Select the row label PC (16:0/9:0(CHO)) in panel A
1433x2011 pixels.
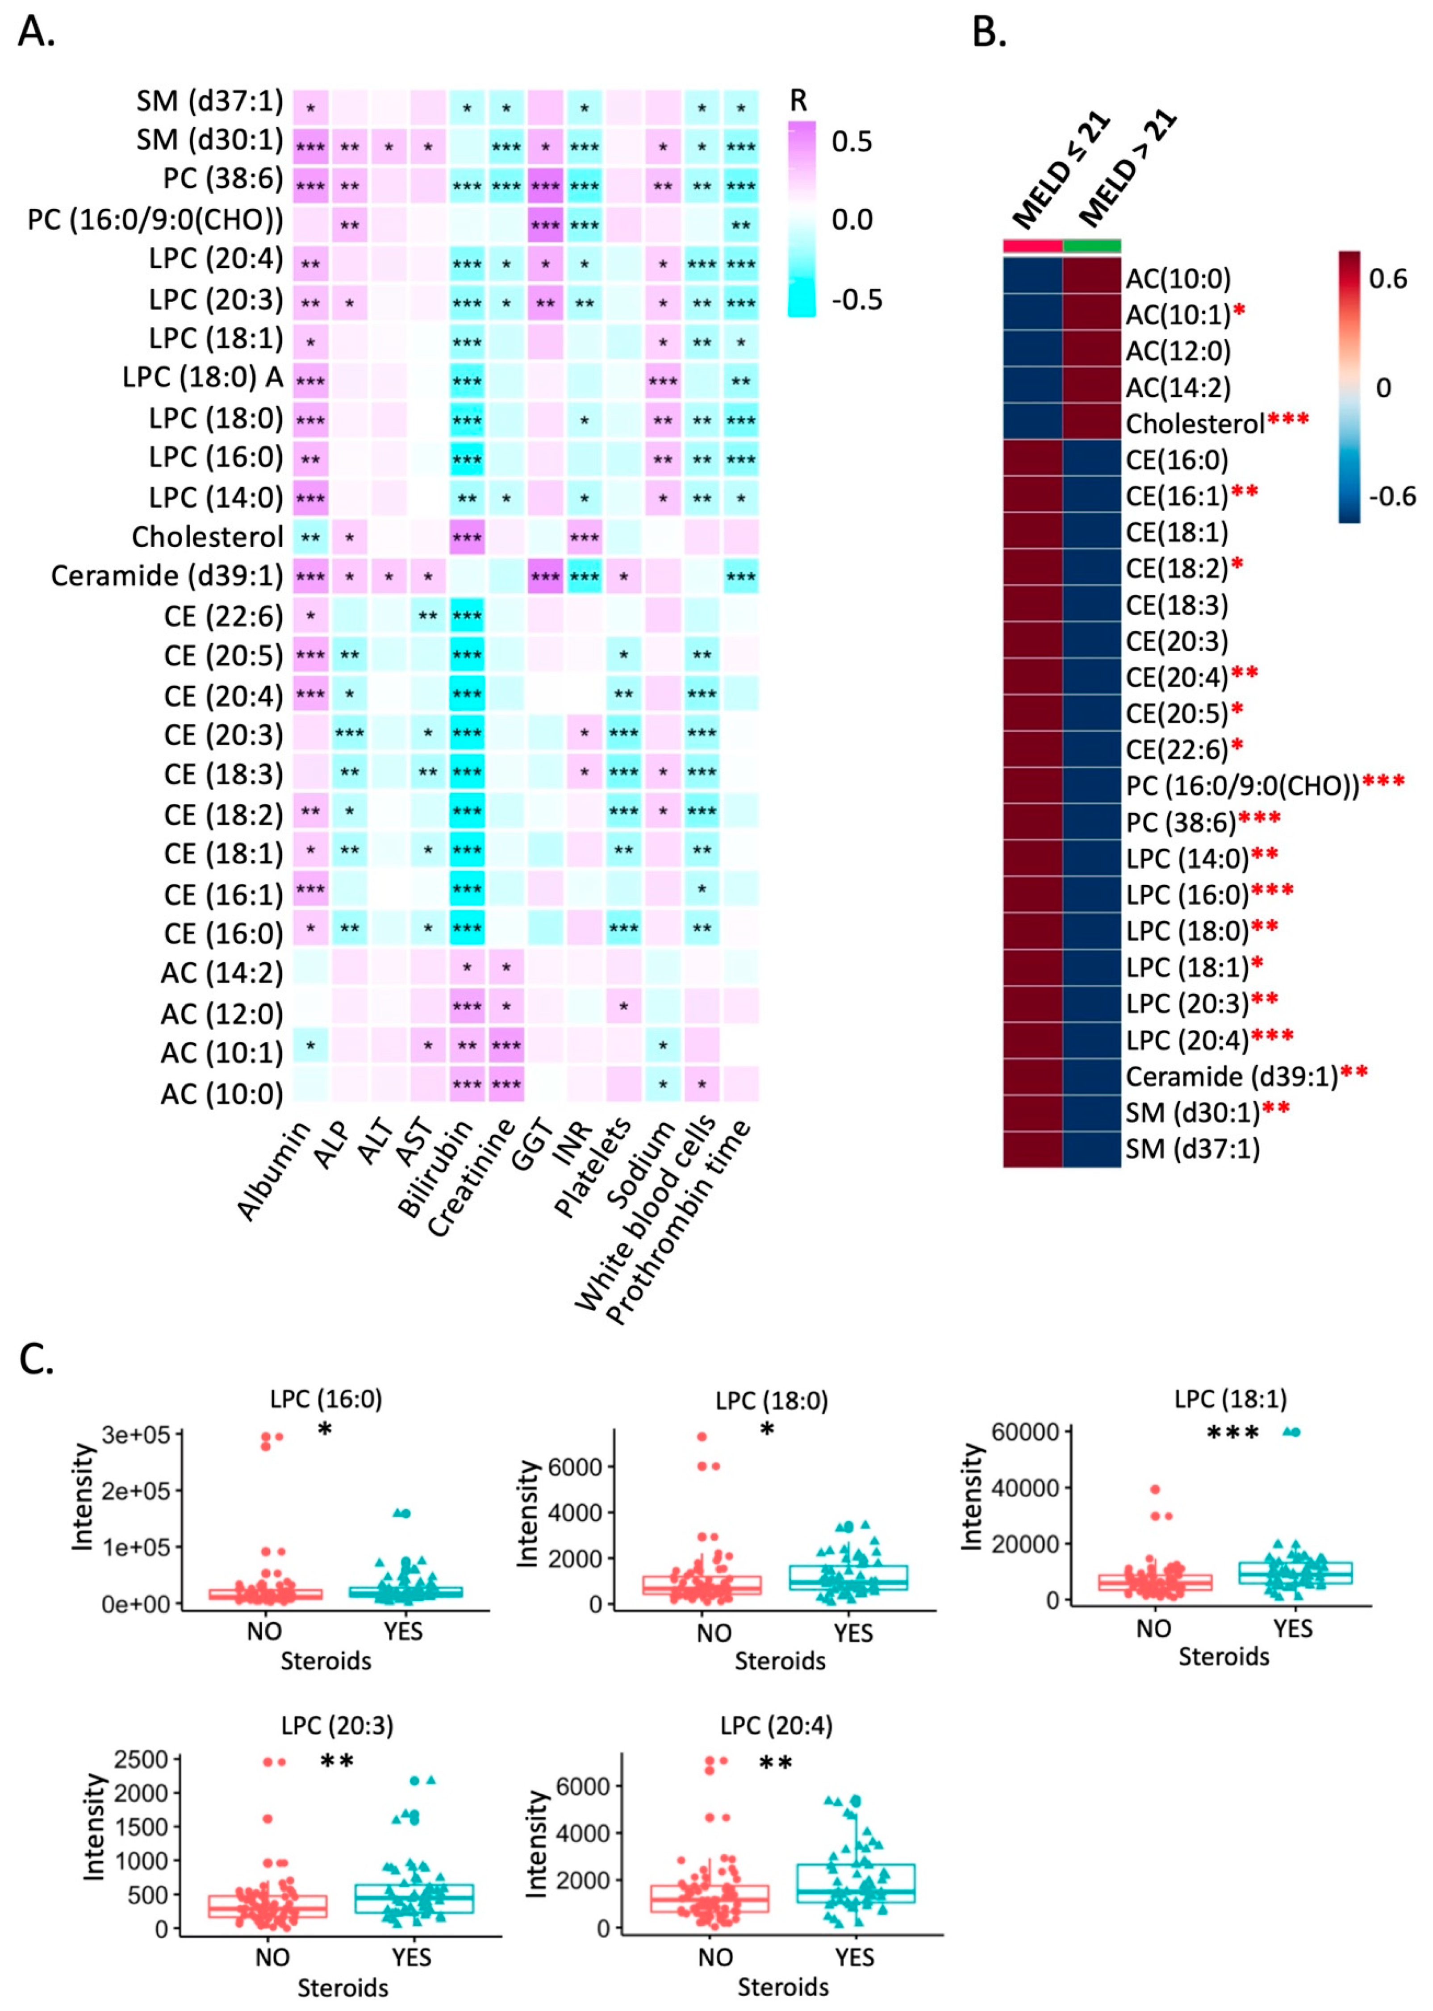coord(155,220)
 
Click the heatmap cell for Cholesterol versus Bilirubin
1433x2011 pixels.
coord(467,537)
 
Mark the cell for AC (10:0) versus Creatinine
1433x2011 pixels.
coord(506,1084)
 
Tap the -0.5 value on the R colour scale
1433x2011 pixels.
coord(856,300)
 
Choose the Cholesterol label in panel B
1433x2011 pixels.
coord(1195,424)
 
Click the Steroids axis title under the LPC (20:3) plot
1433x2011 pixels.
coord(343,1988)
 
